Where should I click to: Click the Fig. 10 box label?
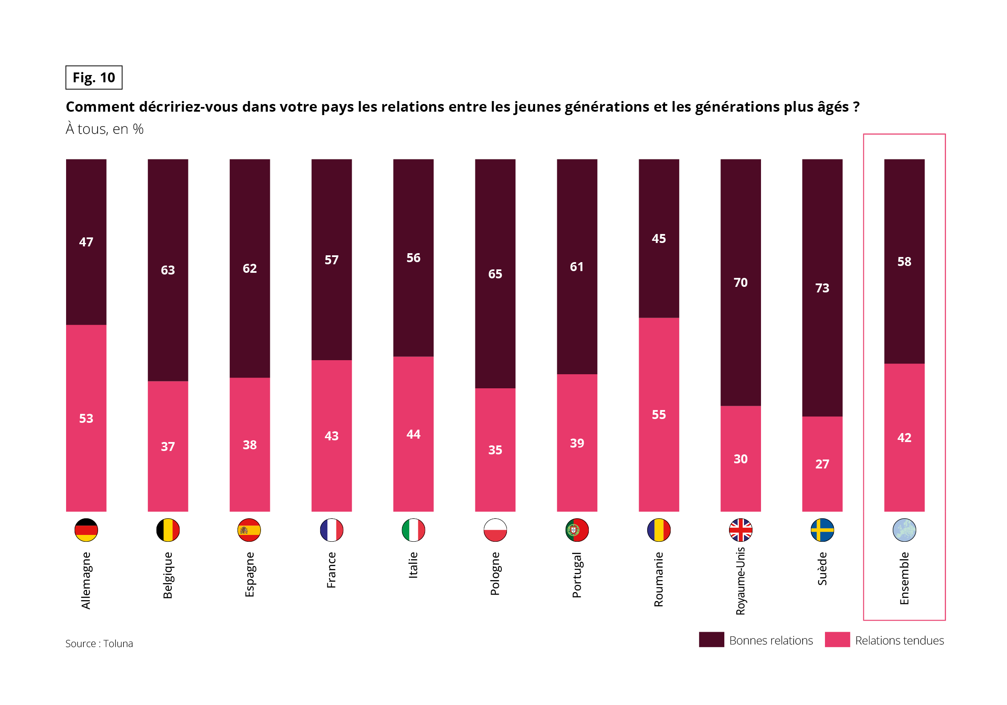point(94,78)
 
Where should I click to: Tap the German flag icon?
point(86,530)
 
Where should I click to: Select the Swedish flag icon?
point(822,530)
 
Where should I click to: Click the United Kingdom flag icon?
point(741,530)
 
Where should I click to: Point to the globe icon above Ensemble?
point(904,530)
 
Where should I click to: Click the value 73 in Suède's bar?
point(822,288)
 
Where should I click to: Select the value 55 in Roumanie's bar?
point(659,414)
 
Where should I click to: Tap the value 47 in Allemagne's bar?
point(86,242)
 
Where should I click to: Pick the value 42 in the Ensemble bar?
point(904,438)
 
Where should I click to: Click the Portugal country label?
point(577,575)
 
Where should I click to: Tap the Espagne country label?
point(249,574)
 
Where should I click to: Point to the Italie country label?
point(413,565)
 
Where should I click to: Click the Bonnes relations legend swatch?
point(712,640)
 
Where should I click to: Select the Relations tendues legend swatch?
point(837,640)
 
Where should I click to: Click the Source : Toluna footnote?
point(99,643)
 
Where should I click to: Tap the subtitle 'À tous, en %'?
point(104,129)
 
